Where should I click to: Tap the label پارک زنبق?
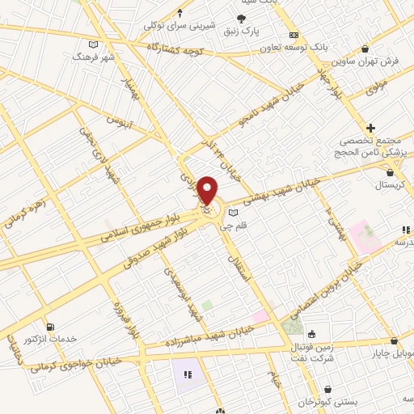click(241, 32)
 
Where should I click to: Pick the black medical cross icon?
click(370, 128)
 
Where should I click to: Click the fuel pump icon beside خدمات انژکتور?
click(52, 327)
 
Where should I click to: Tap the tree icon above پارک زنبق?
click(241, 19)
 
